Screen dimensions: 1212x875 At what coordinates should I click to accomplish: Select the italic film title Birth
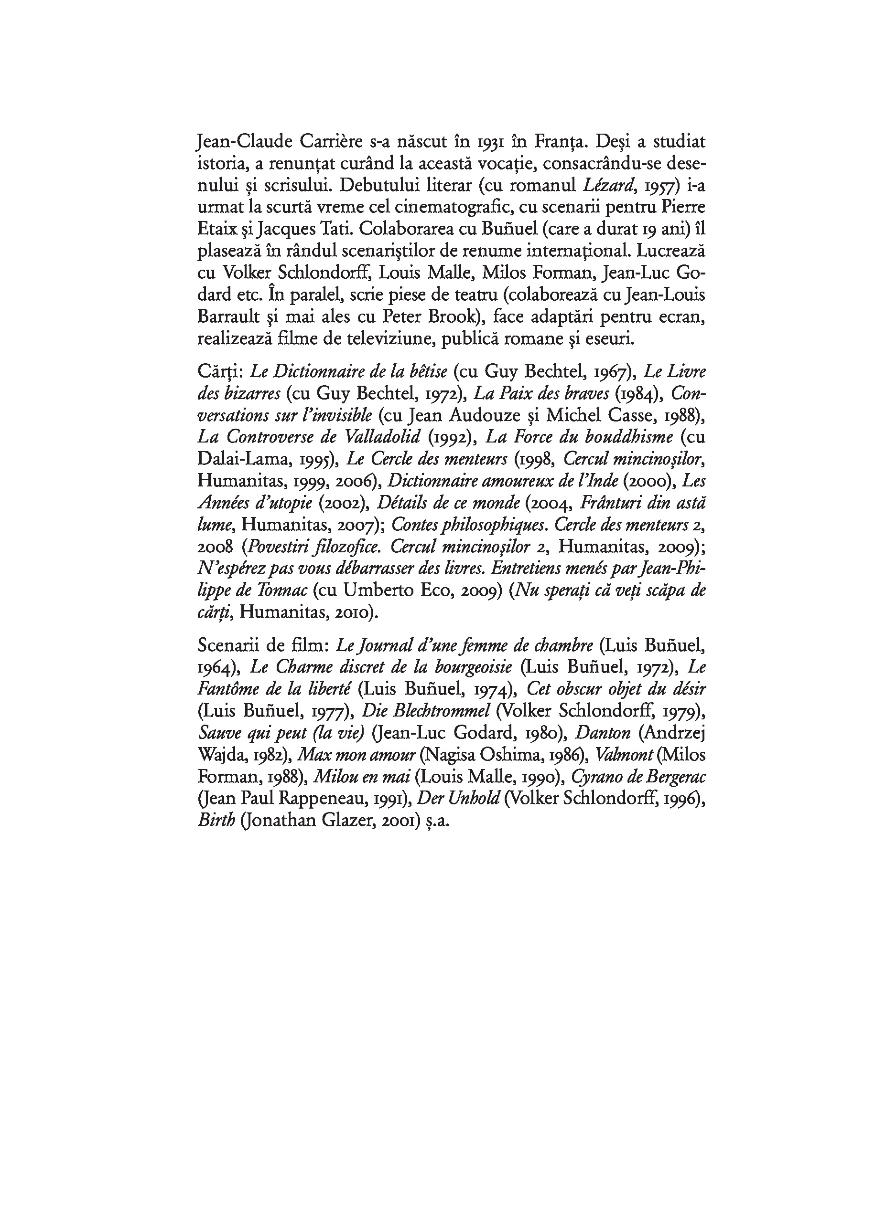(x=216, y=821)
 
